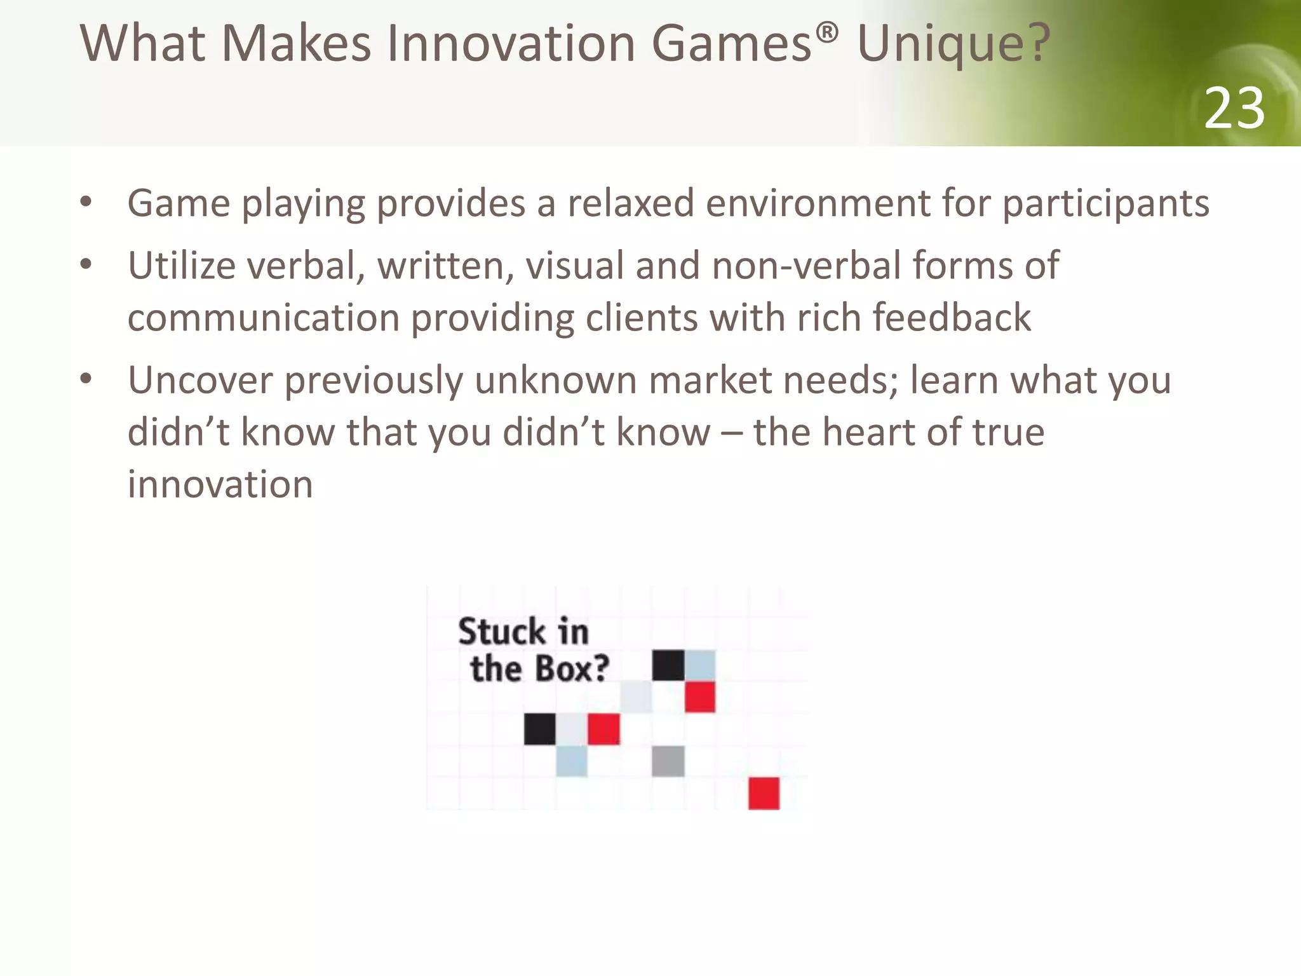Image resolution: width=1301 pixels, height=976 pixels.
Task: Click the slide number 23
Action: point(1234,109)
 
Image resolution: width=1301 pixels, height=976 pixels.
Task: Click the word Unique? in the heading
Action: point(953,44)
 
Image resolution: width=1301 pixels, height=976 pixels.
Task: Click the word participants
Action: point(1105,205)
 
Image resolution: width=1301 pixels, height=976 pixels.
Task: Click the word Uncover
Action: point(200,381)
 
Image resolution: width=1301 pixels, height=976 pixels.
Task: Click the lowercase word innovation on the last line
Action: point(220,485)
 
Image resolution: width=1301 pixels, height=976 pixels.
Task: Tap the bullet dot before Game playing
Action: point(86,203)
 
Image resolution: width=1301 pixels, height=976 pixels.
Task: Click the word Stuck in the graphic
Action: point(501,632)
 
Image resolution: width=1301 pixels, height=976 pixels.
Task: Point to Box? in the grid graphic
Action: point(572,668)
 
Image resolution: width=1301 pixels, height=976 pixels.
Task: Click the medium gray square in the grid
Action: point(668,761)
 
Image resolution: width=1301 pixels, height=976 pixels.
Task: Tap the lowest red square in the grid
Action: point(764,793)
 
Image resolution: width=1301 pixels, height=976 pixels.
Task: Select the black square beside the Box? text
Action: point(668,665)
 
